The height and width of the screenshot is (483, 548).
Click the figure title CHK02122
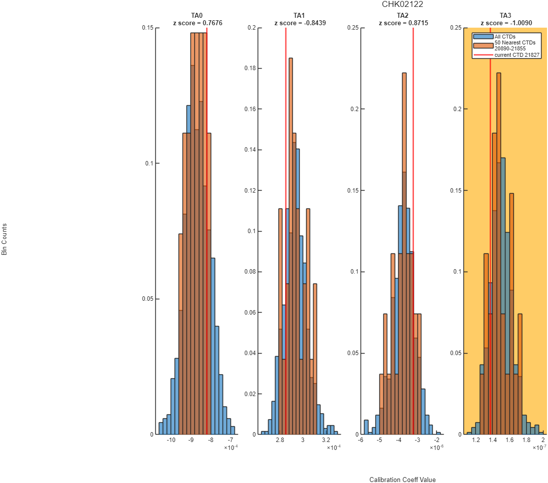tap(402, 4)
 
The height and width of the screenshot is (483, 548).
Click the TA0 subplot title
tap(197, 15)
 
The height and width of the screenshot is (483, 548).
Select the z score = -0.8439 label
tap(300, 23)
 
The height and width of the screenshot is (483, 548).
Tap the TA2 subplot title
tap(403, 15)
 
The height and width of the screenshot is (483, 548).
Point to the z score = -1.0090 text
tap(506, 23)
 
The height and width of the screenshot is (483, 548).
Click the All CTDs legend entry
tap(504, 37)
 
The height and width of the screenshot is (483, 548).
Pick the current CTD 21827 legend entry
tap(516, 55)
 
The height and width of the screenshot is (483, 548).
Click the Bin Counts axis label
tap(4, 240)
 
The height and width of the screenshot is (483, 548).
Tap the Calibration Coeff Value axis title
tap(402, 480)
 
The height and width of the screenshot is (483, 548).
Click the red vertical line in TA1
tap(285, 231)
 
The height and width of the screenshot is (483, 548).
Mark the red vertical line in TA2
tap(413, 231)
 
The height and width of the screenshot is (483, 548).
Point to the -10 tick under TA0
tap(171, 440)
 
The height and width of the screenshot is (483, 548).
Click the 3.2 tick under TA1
tap(326, 440)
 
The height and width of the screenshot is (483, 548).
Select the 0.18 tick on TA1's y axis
tap(250, 68)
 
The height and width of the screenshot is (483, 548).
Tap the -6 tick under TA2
tap(361, 440)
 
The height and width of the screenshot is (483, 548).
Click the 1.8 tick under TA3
tap(526, 440)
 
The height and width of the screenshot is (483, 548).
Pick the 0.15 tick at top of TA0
tap(147, 28)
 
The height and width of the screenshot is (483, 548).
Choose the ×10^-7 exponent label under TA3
tap(540, 447)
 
